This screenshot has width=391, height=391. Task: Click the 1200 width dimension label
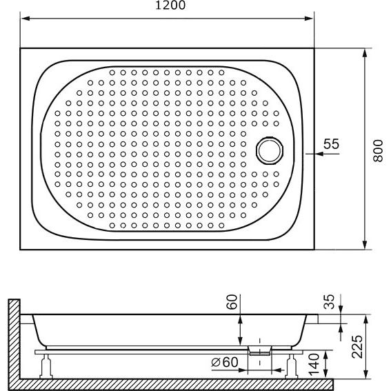click(x=170, y=5)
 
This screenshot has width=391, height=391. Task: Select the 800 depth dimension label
click(x=378, y=150)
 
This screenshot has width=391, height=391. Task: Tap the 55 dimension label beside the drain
click(x=332, y=144)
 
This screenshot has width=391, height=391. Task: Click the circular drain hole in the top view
click(x=270, y=150)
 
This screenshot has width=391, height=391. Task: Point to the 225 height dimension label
click(x=357, y=346)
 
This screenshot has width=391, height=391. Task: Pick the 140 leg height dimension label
click(x=314, y=365)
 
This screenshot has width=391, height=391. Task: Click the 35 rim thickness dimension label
click(x=329, y=301)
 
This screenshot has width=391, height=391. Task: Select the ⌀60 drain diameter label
click(x=225, y=362)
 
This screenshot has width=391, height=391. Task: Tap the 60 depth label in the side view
click(x=232, y=302)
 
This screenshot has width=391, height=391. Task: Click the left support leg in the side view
click(x=46, y=366)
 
